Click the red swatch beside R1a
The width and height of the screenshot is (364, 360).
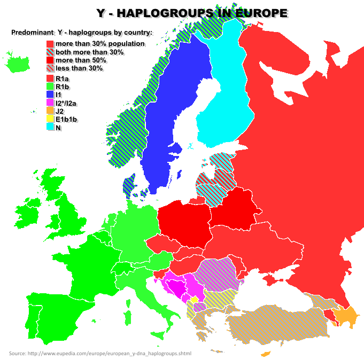pos(50,79)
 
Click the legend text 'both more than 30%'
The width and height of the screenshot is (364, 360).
pos(89,52)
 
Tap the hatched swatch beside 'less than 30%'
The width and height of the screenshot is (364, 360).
pos(50,68)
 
